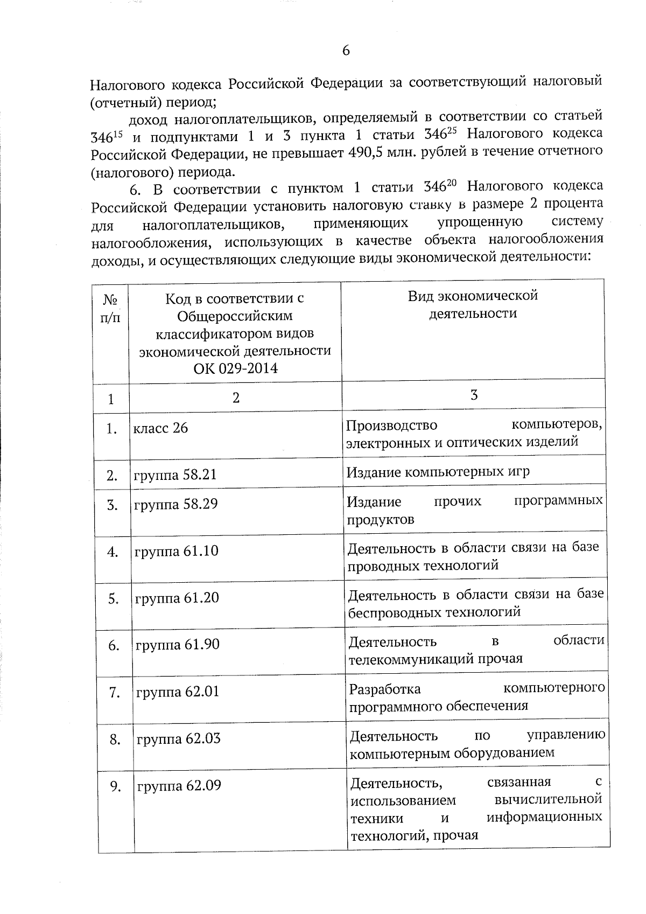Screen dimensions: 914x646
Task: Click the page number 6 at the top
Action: (x=346, y=51)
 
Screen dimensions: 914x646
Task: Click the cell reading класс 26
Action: (x=160, y=428)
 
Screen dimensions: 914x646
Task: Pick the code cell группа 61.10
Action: (x=177, y=552)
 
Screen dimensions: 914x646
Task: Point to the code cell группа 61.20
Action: (x=177, y=598)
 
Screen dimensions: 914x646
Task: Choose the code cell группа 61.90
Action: (x=178, y=645)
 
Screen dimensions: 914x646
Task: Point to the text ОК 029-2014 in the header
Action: (x=235, y=369)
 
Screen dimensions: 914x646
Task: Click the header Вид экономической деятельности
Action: (x=473, y=305)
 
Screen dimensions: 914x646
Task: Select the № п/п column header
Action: (x=110, y=309)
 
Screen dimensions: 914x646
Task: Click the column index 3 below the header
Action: (x=474, y=395)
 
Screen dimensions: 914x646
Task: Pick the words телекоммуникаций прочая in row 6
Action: (x=436, y=659)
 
